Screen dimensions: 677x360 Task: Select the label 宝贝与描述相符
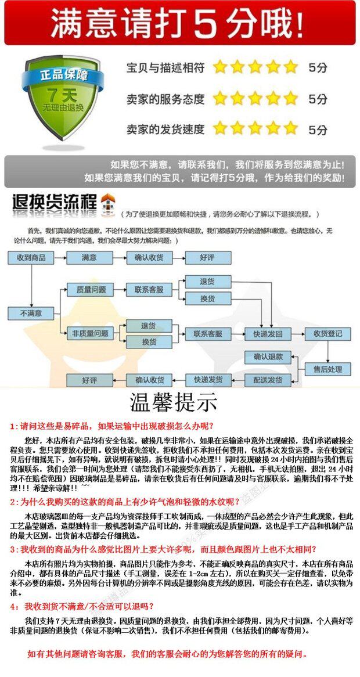click(165, 68)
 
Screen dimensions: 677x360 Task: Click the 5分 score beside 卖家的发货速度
click(318, 129)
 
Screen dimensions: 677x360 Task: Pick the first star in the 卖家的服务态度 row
click(219, 98)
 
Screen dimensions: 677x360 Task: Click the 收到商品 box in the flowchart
click(31, 257)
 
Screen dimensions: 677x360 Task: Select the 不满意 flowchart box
click(31, 313)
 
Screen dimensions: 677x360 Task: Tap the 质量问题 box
click(91, 289)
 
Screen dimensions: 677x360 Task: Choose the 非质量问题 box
click(90, 333)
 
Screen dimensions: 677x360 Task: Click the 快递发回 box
click(268, 334)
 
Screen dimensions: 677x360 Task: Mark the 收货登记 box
click(327, 334)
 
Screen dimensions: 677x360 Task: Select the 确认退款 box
click(268, 356)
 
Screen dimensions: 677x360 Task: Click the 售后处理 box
click(327, 369)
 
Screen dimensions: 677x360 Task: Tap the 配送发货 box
click(268, 380)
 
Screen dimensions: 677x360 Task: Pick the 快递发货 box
click(208, 380)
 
